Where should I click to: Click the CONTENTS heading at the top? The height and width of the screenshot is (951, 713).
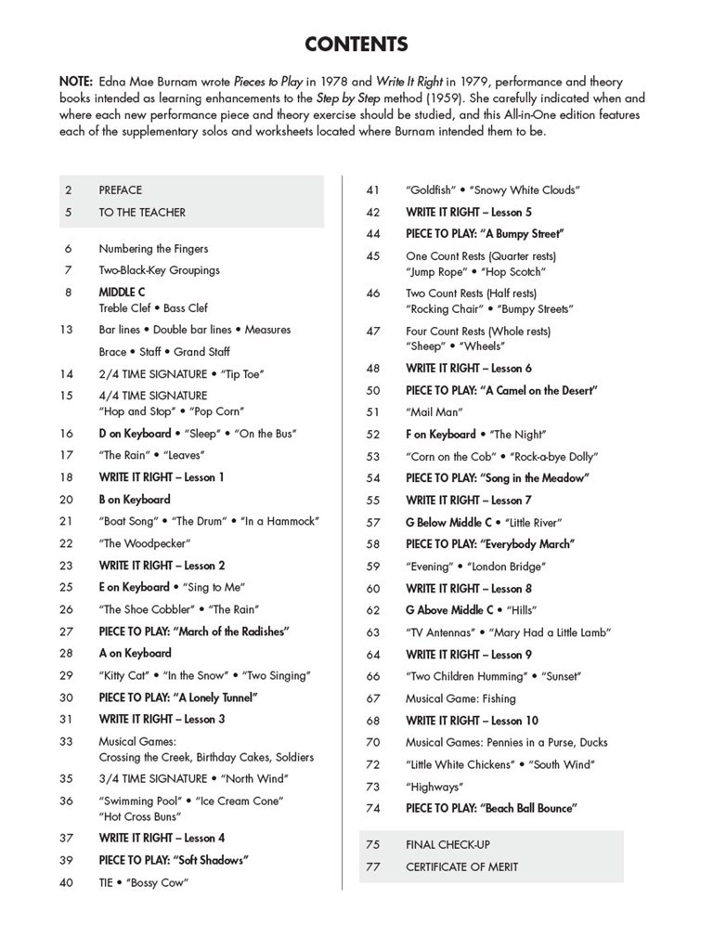(x=356, y=45)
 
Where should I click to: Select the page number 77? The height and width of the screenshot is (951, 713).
(x=373, y=866)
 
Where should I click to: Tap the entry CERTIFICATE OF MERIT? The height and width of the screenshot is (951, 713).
(x=461, y=866)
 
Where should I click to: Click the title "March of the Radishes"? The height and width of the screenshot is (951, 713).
(x=232, y=632)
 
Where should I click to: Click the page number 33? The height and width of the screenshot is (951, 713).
(x=67, y=742)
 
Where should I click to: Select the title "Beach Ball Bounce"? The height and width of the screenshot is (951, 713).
(x=529, y=808)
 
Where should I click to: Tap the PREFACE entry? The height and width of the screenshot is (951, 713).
(x=121, y=189)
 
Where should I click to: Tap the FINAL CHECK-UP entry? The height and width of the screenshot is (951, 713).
(x=447, y=844)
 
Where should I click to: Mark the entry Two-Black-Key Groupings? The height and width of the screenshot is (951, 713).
(x=159, y=270)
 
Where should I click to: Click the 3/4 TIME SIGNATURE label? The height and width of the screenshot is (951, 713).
(x=152, y=778)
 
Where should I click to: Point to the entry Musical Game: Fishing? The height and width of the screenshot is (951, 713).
(x=460, y=698)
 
